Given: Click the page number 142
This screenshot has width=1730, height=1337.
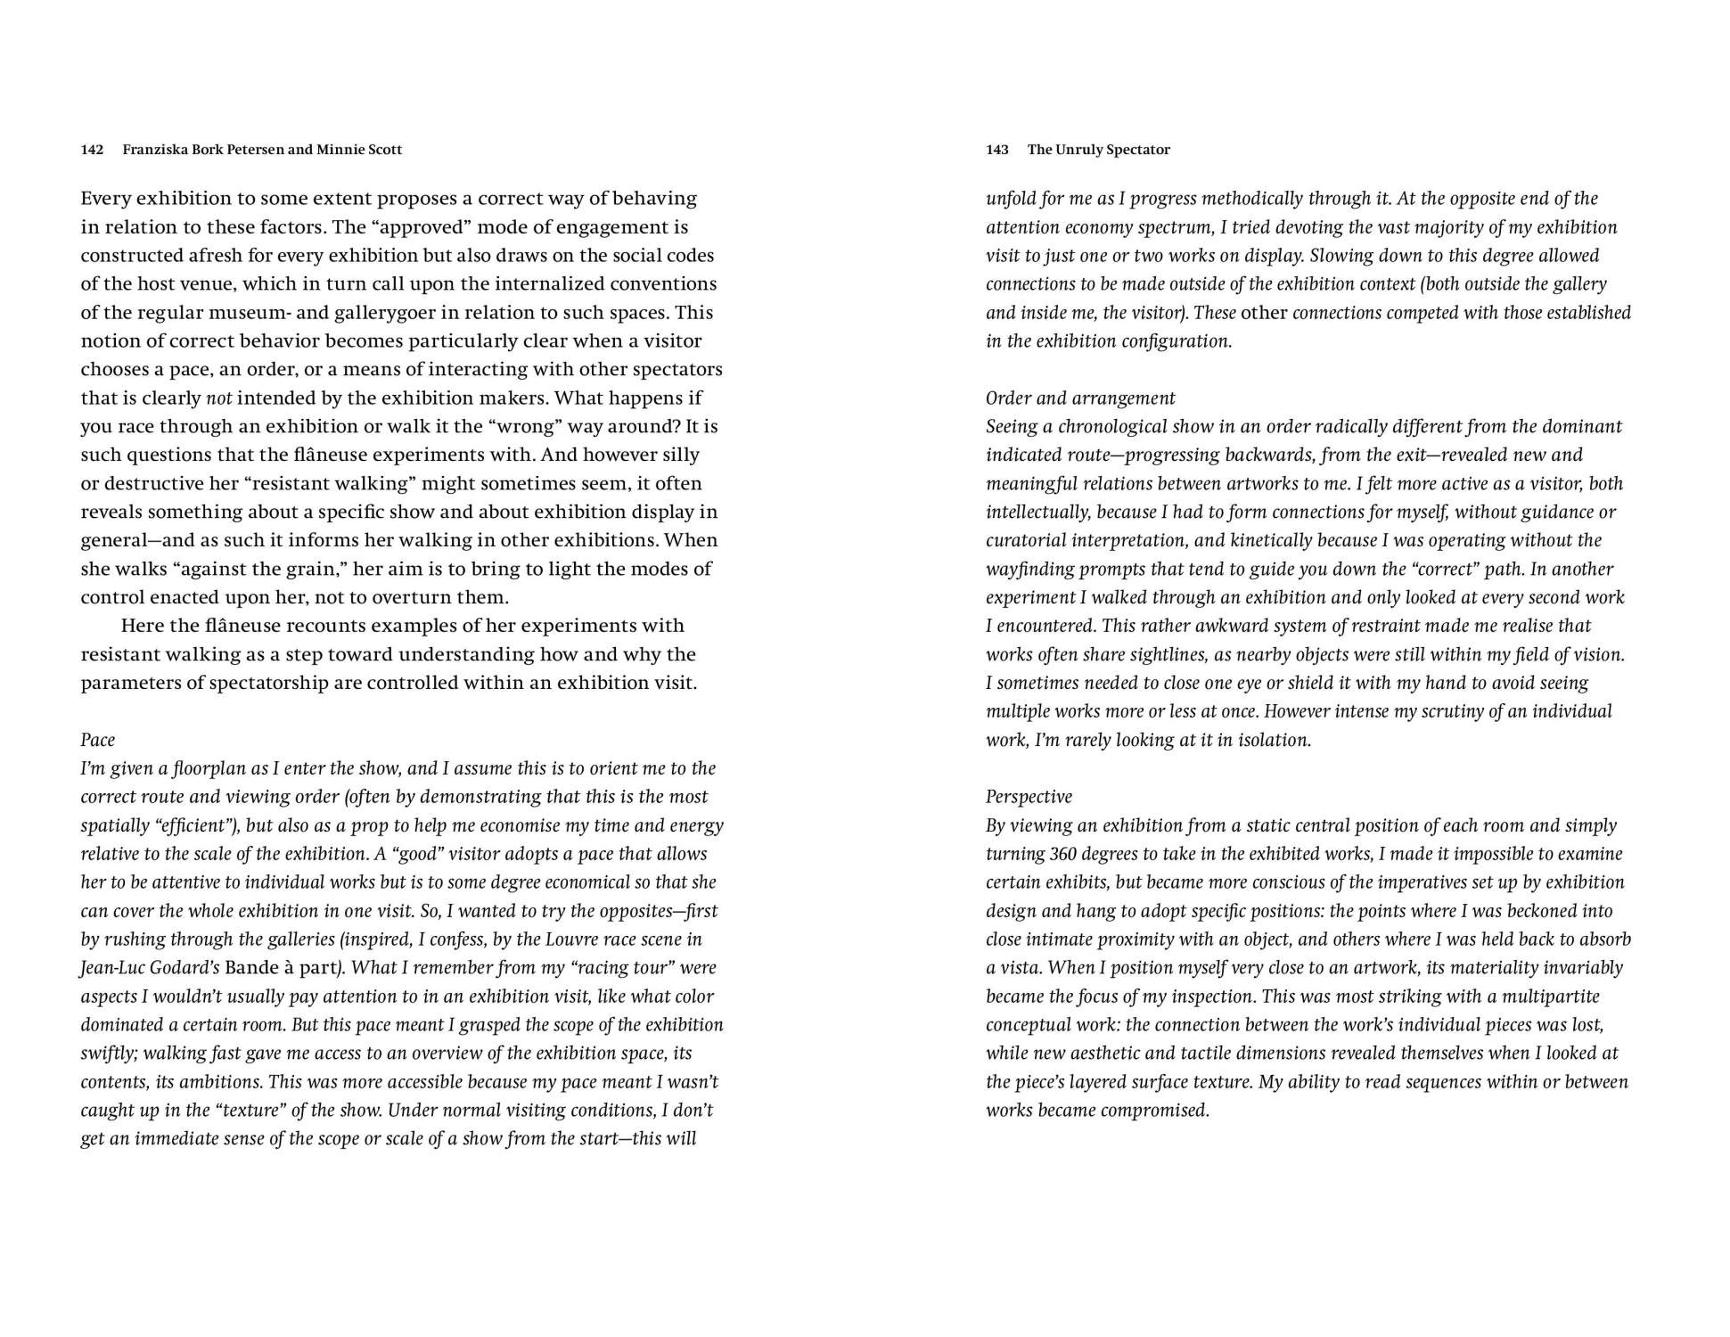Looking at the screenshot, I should pos(92,150).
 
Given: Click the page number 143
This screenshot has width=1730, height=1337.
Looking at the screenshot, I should pos(996,150).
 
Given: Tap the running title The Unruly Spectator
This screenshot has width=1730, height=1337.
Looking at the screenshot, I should pos(1098,150).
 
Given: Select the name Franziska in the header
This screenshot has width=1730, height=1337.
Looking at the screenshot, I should pos(155,150).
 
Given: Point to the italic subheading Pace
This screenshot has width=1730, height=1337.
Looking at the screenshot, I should pos(97,740).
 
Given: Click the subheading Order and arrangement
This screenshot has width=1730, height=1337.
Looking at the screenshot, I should pos(1080,398).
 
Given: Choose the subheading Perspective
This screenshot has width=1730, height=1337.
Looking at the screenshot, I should pos(1029,797).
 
